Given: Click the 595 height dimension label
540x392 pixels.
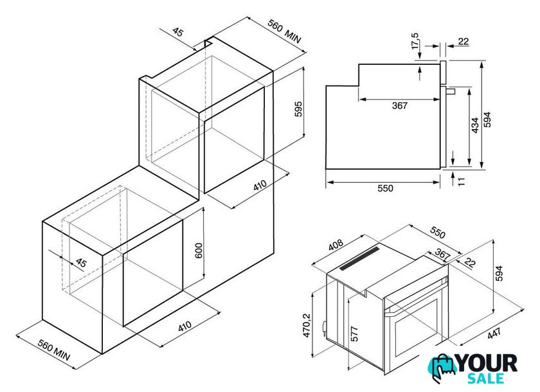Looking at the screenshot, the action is tap(298, 109).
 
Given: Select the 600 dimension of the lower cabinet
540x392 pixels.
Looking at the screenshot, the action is tap(199, 251).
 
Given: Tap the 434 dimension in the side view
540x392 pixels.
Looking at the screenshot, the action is tap(475, 125).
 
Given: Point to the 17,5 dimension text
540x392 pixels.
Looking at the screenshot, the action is tap(415, 41).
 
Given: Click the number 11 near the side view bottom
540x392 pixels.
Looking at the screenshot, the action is tap(462, 181).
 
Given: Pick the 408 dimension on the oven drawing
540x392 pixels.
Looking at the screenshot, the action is tap(336, 245).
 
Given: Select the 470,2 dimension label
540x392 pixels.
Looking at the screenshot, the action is tap(307, 325).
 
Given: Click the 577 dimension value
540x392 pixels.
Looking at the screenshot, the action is tap(354, 334).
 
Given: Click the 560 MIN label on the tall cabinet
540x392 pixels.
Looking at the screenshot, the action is tap(284, 31).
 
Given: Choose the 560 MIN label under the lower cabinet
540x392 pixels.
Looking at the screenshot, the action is tap(54, 350).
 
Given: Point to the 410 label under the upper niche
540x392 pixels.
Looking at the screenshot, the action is tap(260, 185).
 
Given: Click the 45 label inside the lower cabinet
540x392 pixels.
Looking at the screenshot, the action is tap(81, 263).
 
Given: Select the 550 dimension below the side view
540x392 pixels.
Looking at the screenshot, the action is tap(385, 188).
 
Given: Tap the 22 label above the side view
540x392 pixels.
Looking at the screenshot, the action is tap(464, 41).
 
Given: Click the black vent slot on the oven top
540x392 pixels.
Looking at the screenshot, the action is tap(359, 258).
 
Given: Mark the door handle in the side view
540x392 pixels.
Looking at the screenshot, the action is tap(451, 91).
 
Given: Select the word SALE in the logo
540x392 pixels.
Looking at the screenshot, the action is tap(485, 378).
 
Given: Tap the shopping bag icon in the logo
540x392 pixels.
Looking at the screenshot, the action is tap(442, 368).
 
